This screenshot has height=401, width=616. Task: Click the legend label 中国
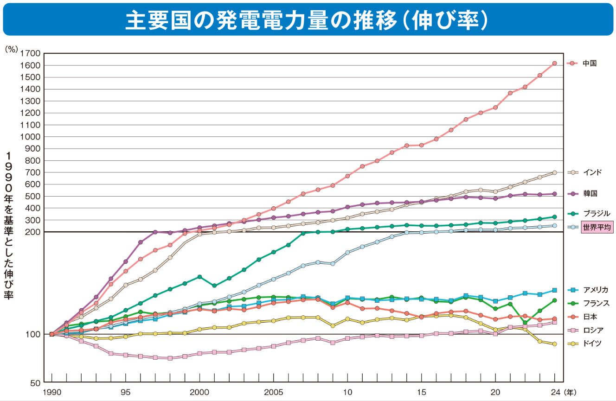tap(589, 64)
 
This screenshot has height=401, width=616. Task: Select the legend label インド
tap(592, 172)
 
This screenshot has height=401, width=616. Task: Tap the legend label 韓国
tap(589, 194)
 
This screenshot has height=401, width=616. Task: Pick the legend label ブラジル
tap(596, 214)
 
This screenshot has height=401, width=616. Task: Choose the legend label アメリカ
tap(596, 290)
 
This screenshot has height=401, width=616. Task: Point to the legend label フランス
tap(596, 303)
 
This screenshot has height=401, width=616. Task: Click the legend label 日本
tap(589, 317)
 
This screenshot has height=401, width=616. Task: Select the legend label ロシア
tap(593, 330)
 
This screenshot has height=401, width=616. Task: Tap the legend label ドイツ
tap(592, 344)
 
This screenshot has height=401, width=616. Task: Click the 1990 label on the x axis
tap(51, 392)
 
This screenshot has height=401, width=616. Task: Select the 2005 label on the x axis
tap(274, 392)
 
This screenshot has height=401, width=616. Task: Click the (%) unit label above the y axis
tap(11, 48)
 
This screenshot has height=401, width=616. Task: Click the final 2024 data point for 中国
tap(555, 64)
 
